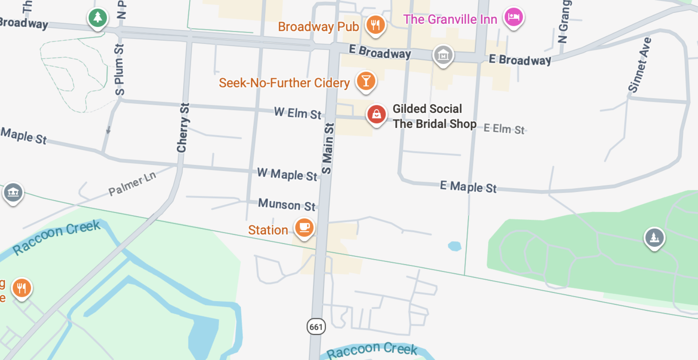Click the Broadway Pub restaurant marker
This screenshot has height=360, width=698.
tap(375, 25)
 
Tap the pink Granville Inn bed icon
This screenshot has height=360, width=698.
tap(514, 17)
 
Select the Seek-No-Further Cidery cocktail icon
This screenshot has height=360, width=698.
tap(366, 81)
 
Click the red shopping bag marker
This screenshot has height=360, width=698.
tap(376, 114)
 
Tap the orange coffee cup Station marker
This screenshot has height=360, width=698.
tap(304, 228)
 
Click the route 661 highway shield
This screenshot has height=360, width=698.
tap(316, 327)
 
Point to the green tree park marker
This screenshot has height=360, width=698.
tap(98, 17)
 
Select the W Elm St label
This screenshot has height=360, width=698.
tap(298, 113)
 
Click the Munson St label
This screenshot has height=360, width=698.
tap(287, 205)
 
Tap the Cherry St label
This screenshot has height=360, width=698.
tap(183, 128)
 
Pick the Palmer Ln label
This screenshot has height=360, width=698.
tap(132, 183)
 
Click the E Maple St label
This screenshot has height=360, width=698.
tap(468, 186)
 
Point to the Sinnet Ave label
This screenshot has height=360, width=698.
tap(639, 65)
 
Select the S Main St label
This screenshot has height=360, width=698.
tap(328, 149)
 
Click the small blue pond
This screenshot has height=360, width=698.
tap(454, 246)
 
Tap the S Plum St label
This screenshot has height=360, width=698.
tap(119, 70)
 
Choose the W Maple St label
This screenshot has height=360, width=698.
tap(287, 174)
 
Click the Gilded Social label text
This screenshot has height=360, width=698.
tap(427, 108)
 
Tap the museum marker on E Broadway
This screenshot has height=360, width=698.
tap(443, 55)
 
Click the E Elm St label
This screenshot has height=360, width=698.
tap(504, 129)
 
